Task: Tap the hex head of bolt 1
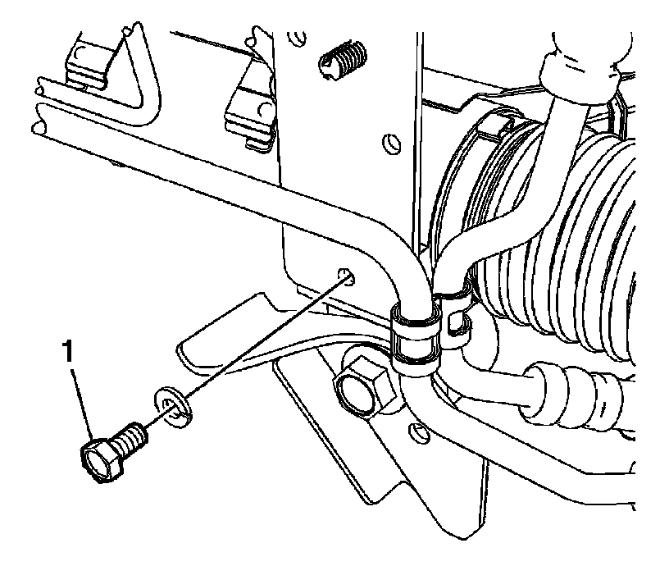96,459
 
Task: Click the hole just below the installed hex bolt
420,432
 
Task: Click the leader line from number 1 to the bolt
81,401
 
